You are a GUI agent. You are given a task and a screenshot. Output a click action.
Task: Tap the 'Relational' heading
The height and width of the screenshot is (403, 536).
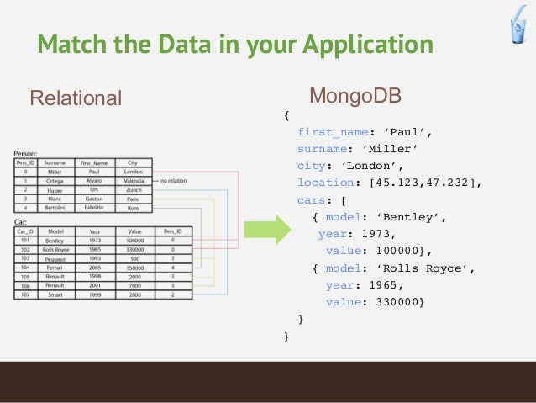click(x=76, y=98)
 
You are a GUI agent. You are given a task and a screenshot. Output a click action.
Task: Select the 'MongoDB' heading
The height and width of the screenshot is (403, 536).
click(x=355, y=96)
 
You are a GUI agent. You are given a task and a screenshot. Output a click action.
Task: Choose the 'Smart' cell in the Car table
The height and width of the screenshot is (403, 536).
click(x=55, y=294)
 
